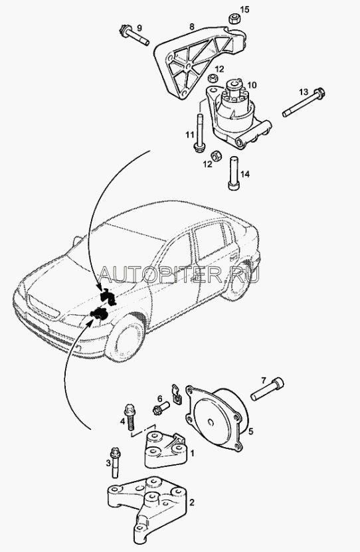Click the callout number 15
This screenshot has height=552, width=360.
[244, 9]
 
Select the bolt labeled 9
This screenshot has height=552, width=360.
[134, 35]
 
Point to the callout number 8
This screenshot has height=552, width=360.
[192, 26]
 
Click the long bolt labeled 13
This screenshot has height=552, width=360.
[304, 103]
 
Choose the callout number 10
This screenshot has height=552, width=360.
[252, 85]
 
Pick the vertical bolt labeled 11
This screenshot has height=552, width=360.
[199, 133]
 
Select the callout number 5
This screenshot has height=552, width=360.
[250, 431]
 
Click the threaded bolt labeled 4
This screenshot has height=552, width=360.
[130, 417]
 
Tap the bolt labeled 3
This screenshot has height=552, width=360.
[115, 462]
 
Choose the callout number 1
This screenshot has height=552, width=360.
[192, 453]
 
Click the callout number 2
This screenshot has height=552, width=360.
[192, 502]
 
